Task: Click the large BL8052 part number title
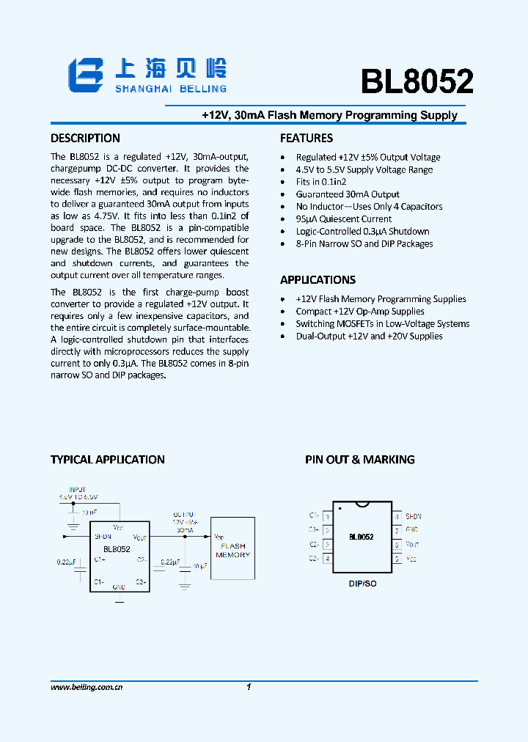click(x=417, y=82)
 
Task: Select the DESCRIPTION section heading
click(x=85, y=138)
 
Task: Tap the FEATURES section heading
click(x=307, y=138)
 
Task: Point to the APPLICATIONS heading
click(x=318, y=279)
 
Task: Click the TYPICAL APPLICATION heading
click(x=108, y=460)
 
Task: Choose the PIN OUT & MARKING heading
click(x=360, y=460)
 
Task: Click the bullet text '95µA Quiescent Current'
click(x=343, y=218)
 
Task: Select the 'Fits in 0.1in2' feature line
click(x=320, y=181)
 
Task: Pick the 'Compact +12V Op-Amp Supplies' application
click(x=359, y=311)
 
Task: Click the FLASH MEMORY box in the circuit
click(x=233, y=550)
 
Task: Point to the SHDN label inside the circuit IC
click(x=103, y=537)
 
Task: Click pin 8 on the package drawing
click(x=397, y=517)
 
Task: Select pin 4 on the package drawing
click(x=327, y=559)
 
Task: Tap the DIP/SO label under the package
click(x=362, y=584)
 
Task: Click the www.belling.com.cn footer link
click(x=87, y=687)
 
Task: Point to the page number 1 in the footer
click(x=249, y=687)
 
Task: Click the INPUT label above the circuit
click(x=77, y=489)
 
